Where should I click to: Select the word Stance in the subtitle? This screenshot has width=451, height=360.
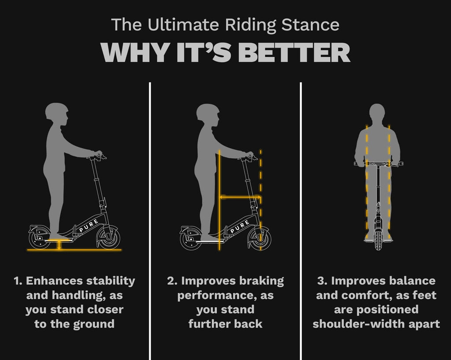tap(311, 25)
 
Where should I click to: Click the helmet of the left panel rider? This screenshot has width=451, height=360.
tap(57, 110)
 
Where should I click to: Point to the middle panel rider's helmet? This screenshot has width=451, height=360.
tap(208, 111)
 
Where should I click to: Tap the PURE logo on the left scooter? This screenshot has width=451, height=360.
tap(89, 225)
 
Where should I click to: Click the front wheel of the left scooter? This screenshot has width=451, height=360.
tap(108, 238)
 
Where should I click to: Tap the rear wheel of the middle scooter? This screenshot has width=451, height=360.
tap(191, 239)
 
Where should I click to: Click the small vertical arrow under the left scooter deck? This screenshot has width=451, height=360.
tap(59, 245)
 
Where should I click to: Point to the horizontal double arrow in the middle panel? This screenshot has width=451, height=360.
tap(240, 197)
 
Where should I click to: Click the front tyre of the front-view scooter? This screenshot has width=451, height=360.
tap(378, 239)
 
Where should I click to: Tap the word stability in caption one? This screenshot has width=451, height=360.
tap(111, 281)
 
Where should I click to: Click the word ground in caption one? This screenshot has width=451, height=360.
tap(94, 324)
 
